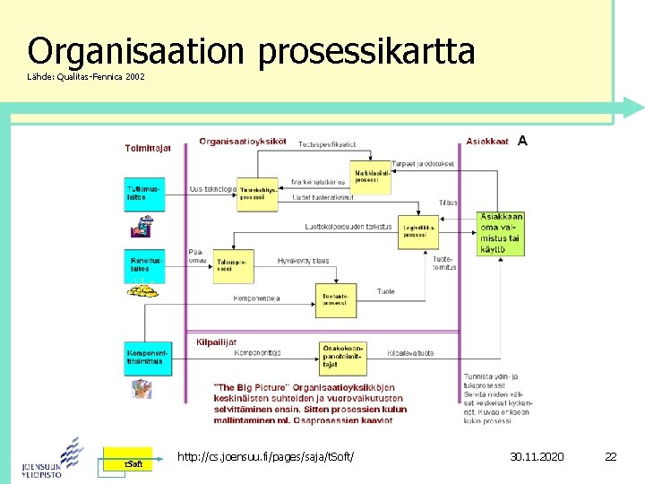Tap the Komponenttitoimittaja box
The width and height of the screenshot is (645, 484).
pyautogui.click(x=144, y=359)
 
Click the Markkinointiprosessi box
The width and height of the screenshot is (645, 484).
pyautogui.click(x=372, y=177)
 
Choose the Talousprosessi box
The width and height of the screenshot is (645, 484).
pyautogui.click(x=232, y=265)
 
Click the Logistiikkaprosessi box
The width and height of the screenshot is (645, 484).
pyautogui.click(x=420, y=231)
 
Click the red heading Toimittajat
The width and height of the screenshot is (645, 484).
pyautogui.click(x=149, y=148)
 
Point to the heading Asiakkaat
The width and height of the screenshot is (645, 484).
pyautogui.click(x=487, y=142)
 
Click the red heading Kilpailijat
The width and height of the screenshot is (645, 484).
pyautogui.click(x=217, y=341)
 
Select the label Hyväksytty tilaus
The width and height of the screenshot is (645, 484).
pyautogui.click(x=303, y=261)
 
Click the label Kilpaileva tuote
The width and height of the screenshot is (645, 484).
pyautogui.click(x=410, y=353)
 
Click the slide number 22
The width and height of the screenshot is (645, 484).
pyautogui.click(x=610, y=457)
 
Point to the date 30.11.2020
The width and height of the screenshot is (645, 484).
pyautogui.click(x=537, y=457)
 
